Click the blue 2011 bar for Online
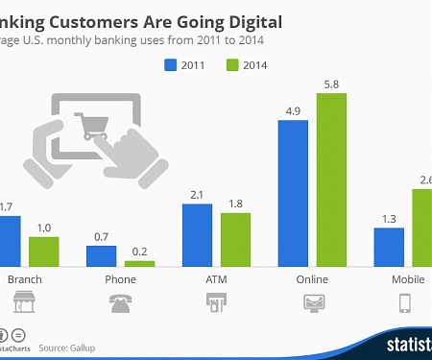293,192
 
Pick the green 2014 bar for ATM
235,239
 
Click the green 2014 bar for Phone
139,262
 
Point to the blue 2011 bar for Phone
101,255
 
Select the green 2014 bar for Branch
43,251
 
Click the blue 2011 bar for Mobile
389,246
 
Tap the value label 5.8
331,84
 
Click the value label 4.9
293,110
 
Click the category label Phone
120,279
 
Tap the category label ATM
216,279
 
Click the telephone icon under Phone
120,304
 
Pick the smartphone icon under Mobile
404,304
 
